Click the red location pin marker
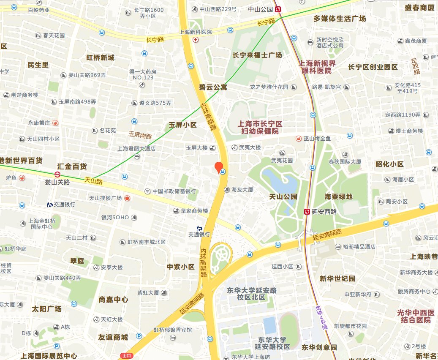(219, 167)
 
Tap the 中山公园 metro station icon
(278, 9)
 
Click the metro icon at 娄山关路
(57, 174)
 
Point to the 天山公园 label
(283, 196)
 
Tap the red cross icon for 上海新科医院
(195, 40)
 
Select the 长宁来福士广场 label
(257, 55)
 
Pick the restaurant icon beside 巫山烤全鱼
(298, 138)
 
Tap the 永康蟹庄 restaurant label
(39, 123)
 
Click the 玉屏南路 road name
(140, 136)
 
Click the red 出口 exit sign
(126, 356)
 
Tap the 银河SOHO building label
(115, 217)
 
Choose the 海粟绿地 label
(338, 196)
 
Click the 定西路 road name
(416, 66)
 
